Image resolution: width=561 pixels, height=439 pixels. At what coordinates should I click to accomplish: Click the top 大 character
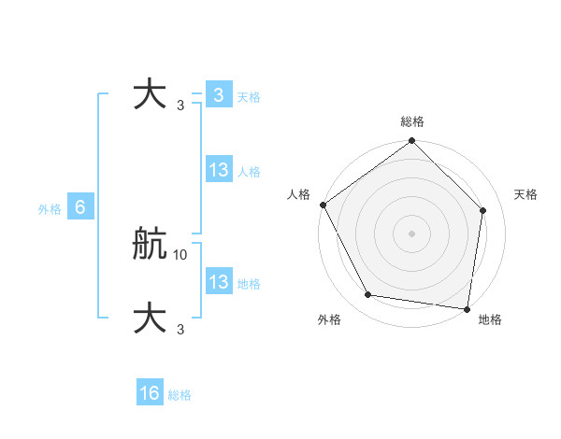pos(151,95)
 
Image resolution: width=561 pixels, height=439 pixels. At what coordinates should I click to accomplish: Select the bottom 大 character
pos(151,319)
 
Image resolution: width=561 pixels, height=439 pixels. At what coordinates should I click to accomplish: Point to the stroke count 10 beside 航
pos(180,254)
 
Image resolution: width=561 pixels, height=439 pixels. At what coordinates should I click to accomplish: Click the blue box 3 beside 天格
pos(218,95)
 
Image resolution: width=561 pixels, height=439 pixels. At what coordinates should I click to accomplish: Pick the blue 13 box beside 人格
pos(218,170)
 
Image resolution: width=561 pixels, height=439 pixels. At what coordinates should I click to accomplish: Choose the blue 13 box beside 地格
pos(218,282)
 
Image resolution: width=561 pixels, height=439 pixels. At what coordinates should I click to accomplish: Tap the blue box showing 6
pos(80,207)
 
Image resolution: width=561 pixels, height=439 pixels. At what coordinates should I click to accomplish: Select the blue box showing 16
pos(150,393)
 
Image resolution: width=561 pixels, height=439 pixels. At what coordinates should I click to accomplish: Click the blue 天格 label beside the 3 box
pos(249,96)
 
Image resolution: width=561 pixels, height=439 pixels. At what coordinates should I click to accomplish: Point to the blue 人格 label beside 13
pos(249,172)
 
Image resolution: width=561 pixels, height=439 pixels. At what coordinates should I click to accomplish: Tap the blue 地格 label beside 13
pos(249,284)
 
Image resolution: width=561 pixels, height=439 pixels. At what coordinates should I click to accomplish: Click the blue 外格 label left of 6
pos(50,209)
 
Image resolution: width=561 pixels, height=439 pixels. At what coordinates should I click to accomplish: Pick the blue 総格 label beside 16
pos(180,395)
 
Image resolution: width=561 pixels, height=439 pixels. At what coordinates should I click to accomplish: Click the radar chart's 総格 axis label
pos(412,121)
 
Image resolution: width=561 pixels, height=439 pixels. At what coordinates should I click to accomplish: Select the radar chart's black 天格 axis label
pos(525,194)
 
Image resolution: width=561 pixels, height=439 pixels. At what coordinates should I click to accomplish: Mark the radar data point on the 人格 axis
pos(323,204)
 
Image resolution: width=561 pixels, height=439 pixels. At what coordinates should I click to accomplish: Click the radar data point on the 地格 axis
pos(467,308)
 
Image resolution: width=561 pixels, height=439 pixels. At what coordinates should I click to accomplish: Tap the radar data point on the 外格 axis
pos(368,295)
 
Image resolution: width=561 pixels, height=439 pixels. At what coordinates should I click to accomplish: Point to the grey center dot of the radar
pos(412,233)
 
